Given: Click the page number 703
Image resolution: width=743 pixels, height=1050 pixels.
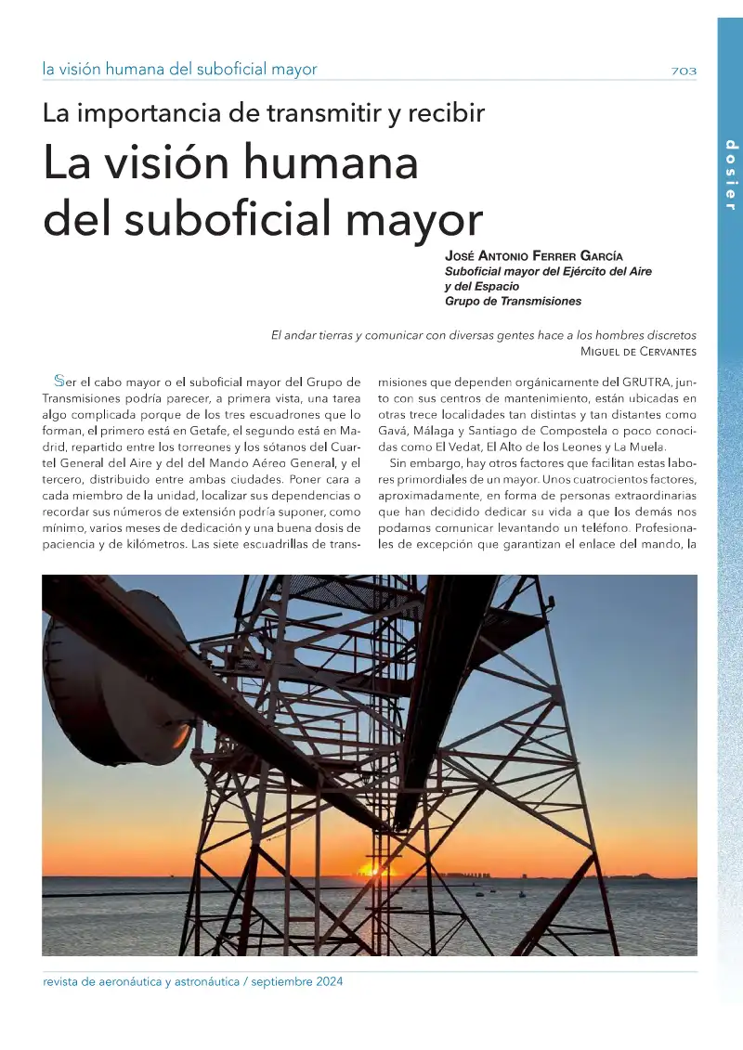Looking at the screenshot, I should click(684, 71).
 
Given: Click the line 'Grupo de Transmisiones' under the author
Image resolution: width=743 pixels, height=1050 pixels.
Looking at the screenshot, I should click(513, 301).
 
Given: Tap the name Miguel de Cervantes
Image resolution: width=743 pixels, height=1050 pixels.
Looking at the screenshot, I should click(637, 351).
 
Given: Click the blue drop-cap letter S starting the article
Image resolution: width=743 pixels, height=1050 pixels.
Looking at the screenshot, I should click(59, 381).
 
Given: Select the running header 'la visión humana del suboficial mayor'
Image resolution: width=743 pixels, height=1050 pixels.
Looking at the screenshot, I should click(179, 70).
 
